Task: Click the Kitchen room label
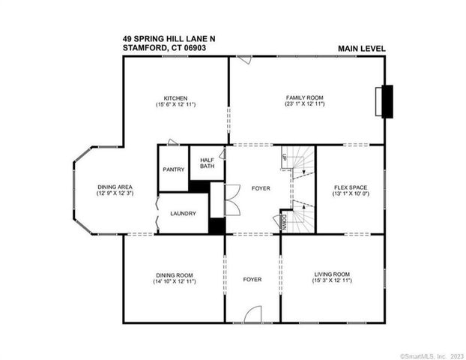point(176,97)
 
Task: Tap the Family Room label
point(305,97)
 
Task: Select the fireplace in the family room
point(387,102)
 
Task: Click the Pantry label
point(173,169)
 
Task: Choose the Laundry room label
point(183,213)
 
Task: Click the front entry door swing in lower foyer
point(252,315)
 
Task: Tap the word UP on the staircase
point(285,157)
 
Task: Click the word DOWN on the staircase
point(285,221)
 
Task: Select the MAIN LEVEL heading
point(361,49)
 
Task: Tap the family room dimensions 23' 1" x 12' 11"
point(305,104)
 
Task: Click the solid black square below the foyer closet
point(217,225)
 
